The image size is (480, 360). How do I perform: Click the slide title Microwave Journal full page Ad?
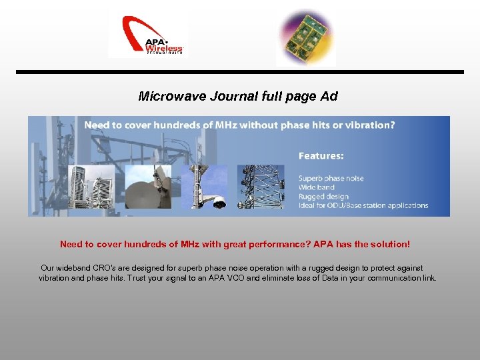[x=238, y=96]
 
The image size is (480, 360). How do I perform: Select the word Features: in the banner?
[x=321, y=156]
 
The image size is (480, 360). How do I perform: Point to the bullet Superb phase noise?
[x=331, y=178]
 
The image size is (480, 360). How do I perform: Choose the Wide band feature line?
[x=317, y=187]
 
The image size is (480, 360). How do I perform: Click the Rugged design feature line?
[x=323, y=197]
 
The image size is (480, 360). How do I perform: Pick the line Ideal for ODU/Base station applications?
[x=363, y=205]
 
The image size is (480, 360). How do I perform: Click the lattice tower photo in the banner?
[x=261, y=187]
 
